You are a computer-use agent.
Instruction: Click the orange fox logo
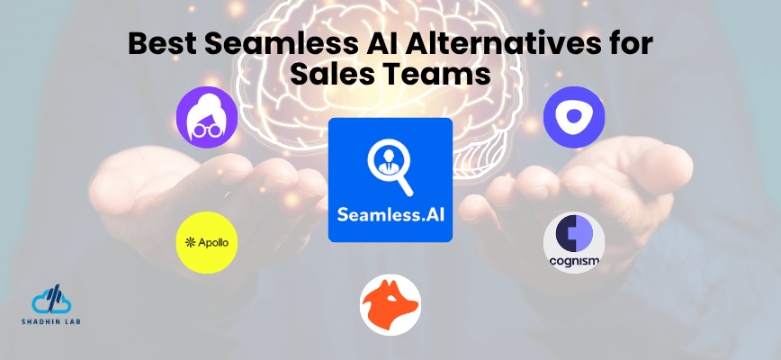[x=390, y=306]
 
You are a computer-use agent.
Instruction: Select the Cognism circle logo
[x=574, y=243]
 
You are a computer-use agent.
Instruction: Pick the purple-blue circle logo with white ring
[x=574, y=117]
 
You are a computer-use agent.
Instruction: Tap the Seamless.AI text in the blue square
[x=390, y=215]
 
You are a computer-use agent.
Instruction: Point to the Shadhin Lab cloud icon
[x=50, y=301]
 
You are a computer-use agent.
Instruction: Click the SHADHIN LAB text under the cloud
[x=50, y=321]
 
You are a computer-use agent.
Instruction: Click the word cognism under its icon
[x=574, y=262]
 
